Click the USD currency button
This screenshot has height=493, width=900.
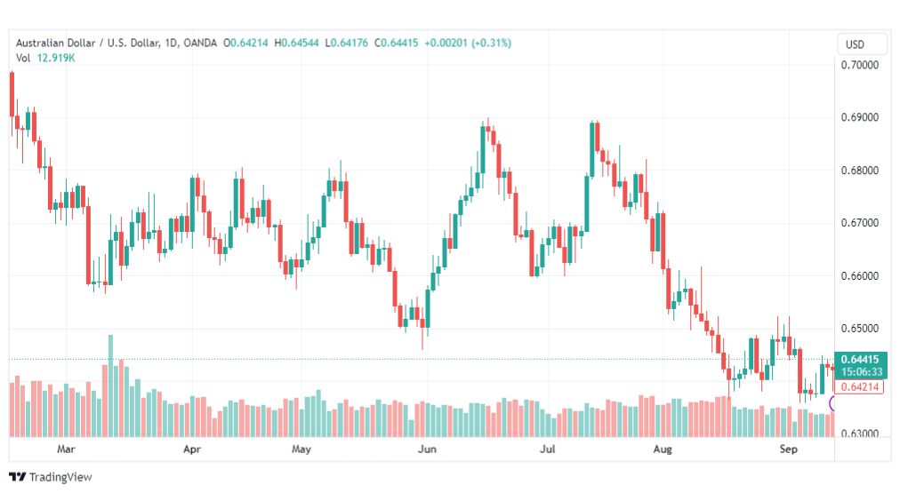[x=855, y=44]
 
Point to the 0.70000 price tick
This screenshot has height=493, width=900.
[x=860, y=66]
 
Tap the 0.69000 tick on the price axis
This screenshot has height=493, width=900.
[x=860, y=117]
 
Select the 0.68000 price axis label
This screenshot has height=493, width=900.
[x=860, y=171]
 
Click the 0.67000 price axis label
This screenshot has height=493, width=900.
[x=860, y=223]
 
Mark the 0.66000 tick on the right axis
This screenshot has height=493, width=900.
[x=860, y=275]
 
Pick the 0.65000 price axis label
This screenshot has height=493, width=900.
[x=860, y=329]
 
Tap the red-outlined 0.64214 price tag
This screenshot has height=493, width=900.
[x=859, y=387]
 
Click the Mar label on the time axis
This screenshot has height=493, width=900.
[x=66, y=449]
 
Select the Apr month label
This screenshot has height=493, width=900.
[x=192, y=449]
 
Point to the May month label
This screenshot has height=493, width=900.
[x=301, y=449]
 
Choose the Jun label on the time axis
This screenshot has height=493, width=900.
[x=427, y=449]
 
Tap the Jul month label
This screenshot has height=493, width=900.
[x=548, y=449]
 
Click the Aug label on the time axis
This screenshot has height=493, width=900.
[x=663, y=449]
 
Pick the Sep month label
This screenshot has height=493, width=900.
[x=788, y=449]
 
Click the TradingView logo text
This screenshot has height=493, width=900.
[x=60, y=477]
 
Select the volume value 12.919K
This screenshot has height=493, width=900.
[x=56, y=58]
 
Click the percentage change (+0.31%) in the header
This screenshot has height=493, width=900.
[x=491, y=43]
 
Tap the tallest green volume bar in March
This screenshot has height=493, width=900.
[x=111, y=386]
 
